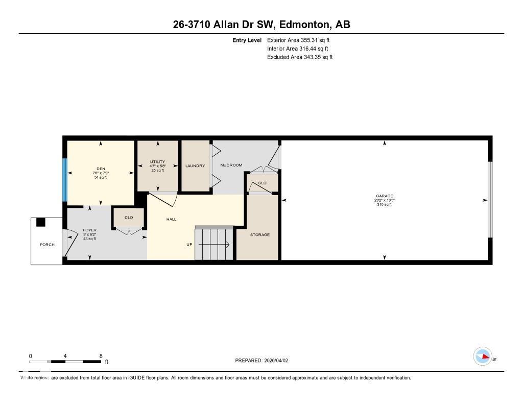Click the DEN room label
click(x=100, y=169)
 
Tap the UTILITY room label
click(x=157, y=162)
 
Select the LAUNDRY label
click(x=195, y=166)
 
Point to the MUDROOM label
click(x=231, y=165)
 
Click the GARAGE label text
click(x=384, y=196)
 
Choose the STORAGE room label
click(x=259, y=235)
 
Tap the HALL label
click(x=171, y=219)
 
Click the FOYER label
click(x=89, y=230)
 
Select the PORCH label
click(x=47, y=245)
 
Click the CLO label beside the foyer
click(x=129, y=218)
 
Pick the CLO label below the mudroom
click(x=262, y=183)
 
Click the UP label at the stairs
click(x=189, y=245)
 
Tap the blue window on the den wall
click(x=65, y=180)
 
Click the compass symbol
click(x=483, y=357)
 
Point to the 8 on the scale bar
click(x=101, y=356)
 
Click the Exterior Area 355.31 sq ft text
click(x=300, y=40)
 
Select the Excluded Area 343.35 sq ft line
click(x=300, y=57)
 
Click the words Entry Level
click(x=247, y=40)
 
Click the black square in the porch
click(x=41, y=222)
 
